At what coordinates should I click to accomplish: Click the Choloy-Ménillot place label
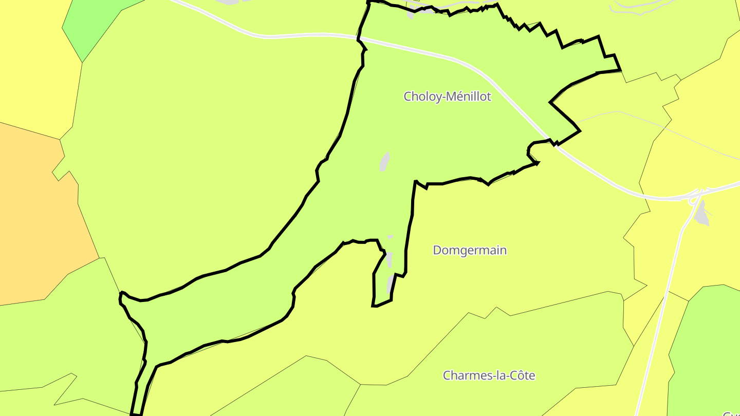pyautogui.click(x=447, y=97)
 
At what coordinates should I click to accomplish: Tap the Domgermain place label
pyautogui.click(x=470, y=251)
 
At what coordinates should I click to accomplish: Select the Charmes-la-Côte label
pyautogui.click(x=489, y=375)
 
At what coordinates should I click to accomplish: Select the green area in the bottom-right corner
pyautogui.click(x=709, y=349)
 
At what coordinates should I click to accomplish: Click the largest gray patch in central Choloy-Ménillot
pyautogui.click(x=384, y=161)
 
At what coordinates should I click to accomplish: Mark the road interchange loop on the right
pyautogui.click(x=696, y=196)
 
